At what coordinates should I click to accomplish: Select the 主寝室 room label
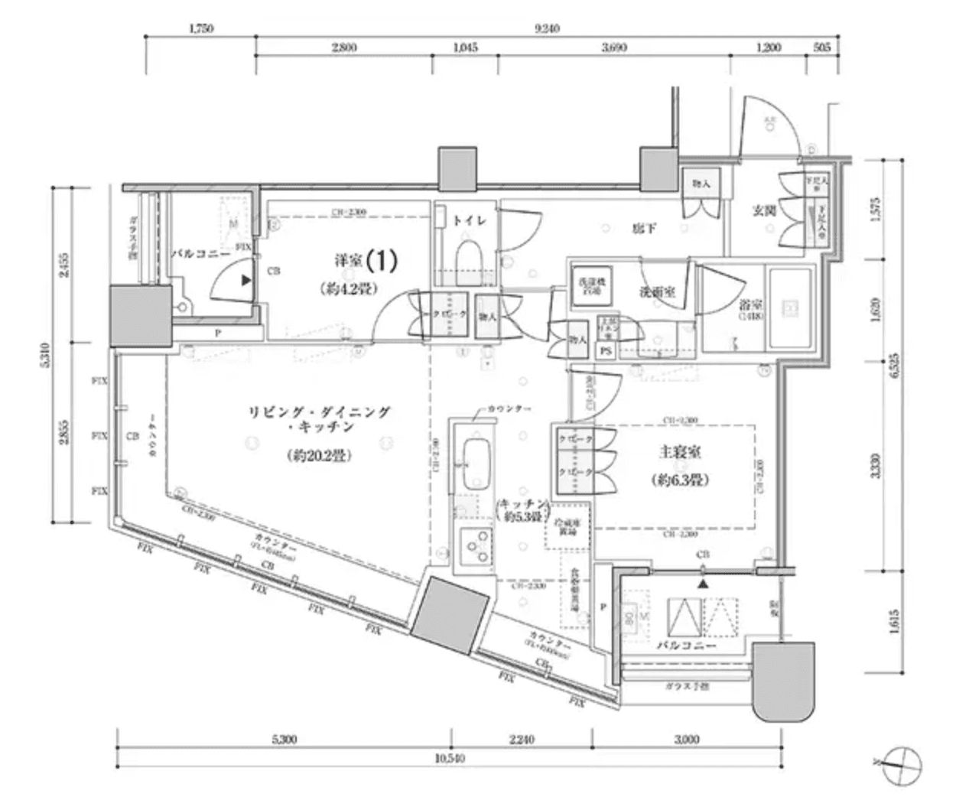coord(680,453)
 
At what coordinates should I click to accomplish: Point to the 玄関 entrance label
coord(764,210)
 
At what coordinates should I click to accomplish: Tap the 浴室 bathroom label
coord(750,304)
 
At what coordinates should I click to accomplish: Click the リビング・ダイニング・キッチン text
coord(320,419)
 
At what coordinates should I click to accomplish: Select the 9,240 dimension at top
coord(548,28)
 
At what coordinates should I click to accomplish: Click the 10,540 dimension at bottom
coord(450,759)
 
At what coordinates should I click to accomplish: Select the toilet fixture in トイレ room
coord(467,261)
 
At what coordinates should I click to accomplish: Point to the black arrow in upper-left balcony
coord(246,281)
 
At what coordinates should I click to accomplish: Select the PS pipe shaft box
coord(605,351)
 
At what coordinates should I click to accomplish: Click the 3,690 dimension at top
coord(614,47)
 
